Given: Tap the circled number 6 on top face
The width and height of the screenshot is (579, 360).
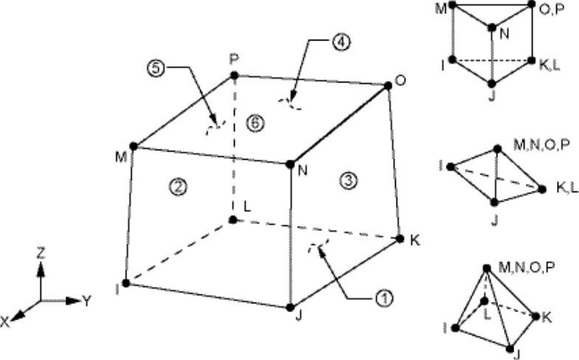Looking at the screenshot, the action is [x=255, y=124].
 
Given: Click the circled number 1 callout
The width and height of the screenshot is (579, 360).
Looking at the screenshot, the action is [x=384, y=297].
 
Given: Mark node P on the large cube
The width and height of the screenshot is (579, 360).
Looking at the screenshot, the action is [x=234, y=76].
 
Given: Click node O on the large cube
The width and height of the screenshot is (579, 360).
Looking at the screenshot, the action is [x=388, y=85].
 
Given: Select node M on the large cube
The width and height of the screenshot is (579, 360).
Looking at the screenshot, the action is [x=134, y=147].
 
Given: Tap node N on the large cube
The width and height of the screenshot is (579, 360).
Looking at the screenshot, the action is [x=290, y=164].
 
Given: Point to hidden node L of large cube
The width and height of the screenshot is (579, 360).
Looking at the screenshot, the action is [x=232, y=220].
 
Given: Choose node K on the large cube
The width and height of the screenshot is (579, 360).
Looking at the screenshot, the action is [x=399, y=239].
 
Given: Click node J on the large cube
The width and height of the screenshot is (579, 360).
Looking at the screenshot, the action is [x=290, y=307].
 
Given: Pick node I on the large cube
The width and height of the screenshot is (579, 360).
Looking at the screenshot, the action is [x=126, y=283].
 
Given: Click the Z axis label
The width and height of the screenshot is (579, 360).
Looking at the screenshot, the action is [x=40, y=253].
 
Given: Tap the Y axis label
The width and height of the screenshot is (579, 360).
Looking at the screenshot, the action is [x=87, y=301].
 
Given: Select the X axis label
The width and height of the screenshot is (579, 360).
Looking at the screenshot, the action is [x=5, y=322].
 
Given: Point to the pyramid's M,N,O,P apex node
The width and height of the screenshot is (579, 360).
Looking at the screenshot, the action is [x=487, y=268].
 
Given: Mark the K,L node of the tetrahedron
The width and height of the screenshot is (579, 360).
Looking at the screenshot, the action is [x=541, y=189].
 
